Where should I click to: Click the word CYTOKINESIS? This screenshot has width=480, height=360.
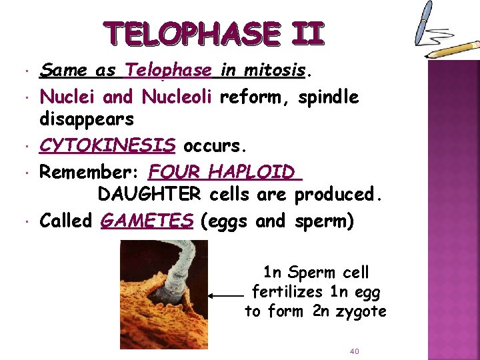pos(108,145)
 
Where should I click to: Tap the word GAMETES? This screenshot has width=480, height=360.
pos(147,221)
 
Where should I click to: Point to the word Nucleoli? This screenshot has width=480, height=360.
pos(177,97)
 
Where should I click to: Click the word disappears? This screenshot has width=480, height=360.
pos(87,120)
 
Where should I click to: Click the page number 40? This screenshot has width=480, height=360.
pos(355,351)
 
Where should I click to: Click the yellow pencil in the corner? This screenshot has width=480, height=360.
pos(453,49)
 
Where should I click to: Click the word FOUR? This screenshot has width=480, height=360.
pos(175,171)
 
